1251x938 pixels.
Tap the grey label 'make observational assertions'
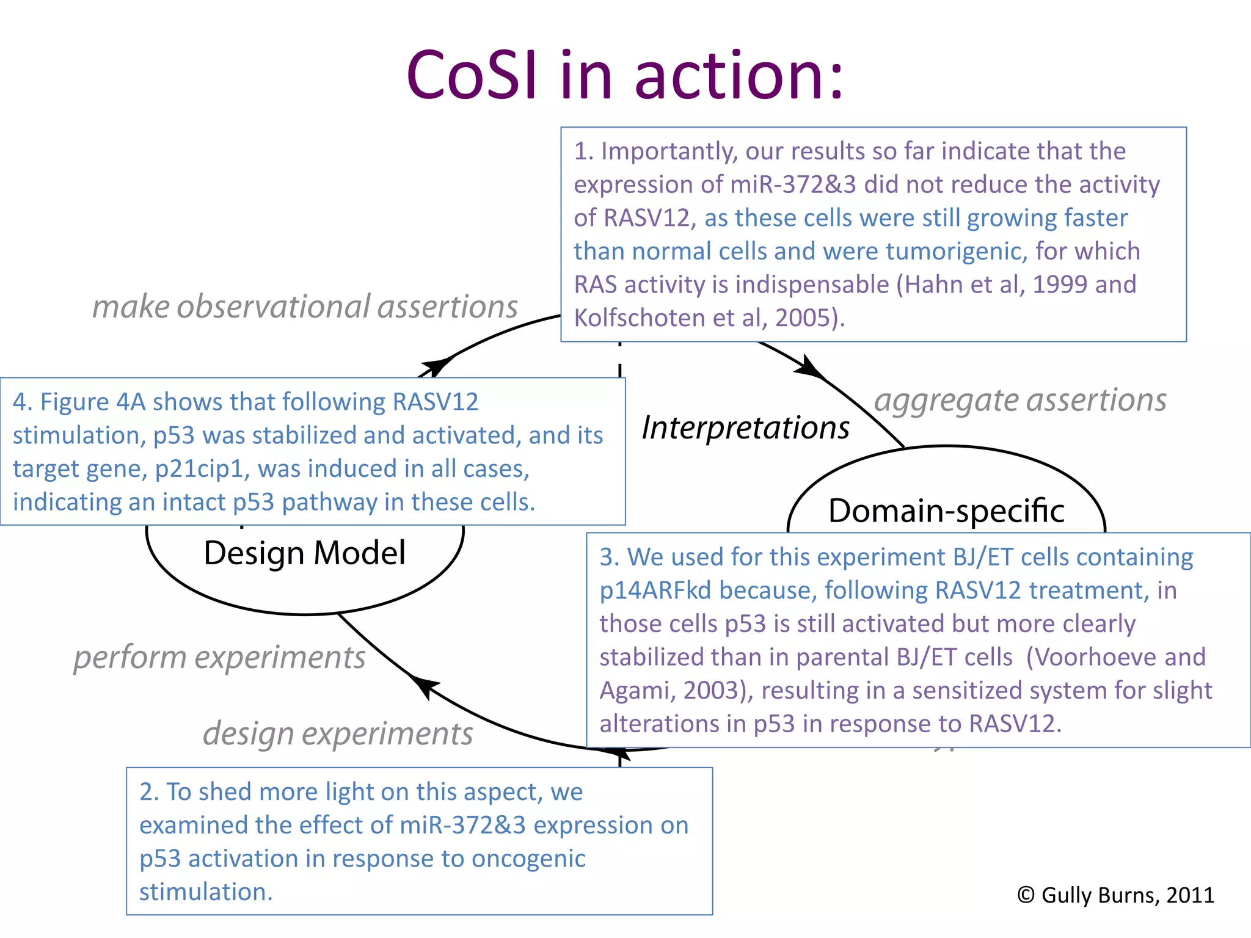coord(304,307)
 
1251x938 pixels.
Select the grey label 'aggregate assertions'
coord(1019,400)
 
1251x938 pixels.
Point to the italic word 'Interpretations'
coord(745,427)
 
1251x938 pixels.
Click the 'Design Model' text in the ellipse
coord(304,553)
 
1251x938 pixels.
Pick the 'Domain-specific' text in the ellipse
coord(946,511)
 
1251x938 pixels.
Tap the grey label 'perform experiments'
coord(219,658)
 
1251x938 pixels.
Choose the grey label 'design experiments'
coord(337,733)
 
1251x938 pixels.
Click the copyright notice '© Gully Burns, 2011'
coord(1115,895)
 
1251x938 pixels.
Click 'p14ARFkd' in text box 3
coord(655,591)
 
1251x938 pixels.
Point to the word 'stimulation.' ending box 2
coord(206,892)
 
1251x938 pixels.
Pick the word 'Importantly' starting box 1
coord(669,151)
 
